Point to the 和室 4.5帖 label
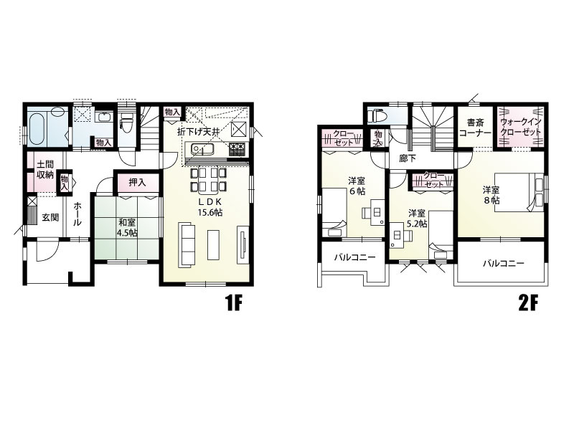(128, 227)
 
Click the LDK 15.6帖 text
(210, 207)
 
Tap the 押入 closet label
(138, 182)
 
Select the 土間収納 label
(45, 169)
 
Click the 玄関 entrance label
(50, 217)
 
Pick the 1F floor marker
(234, 303)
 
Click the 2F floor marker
(528, 303)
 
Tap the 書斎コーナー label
(475, 128)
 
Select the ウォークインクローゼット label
(521, 127)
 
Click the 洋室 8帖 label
(491, 194)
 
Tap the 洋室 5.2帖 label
(418, 218)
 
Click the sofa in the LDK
(187, 244)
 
